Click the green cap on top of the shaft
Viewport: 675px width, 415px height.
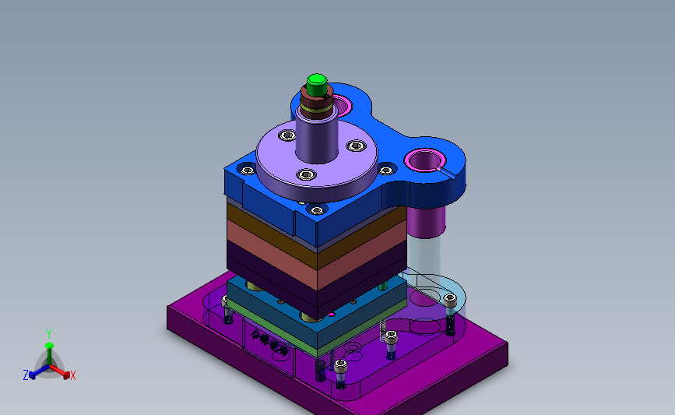317,85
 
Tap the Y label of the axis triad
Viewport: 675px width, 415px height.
48,334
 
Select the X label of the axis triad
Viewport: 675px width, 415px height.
72,375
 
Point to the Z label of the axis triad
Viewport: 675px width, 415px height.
26,375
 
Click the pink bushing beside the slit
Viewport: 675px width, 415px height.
425,160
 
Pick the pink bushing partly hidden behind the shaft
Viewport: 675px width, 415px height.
343,104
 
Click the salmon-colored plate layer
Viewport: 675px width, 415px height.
316,256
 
